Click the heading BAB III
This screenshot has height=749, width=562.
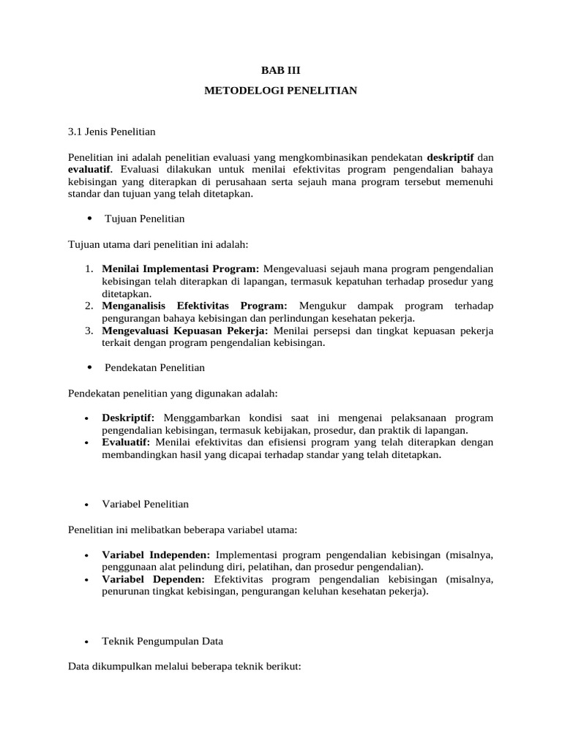281,71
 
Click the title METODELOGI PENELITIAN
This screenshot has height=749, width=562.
281,91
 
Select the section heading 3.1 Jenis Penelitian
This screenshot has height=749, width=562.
111,132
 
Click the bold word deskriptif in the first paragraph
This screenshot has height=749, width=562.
450,158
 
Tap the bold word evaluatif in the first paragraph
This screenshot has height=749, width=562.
89,170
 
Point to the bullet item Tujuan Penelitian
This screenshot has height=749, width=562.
145,219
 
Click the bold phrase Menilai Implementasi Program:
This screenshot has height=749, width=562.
181,268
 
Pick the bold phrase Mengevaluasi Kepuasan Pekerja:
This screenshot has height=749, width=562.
186,331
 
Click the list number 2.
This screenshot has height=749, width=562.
87,305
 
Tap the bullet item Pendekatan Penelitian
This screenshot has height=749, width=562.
155,367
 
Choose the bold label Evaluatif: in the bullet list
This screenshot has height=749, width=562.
126,443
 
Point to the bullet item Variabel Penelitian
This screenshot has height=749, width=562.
146,504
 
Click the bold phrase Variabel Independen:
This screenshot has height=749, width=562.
157,555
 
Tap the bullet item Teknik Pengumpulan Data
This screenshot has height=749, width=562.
162,641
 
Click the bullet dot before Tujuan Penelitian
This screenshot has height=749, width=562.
89,219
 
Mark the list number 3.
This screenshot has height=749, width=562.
87,331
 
